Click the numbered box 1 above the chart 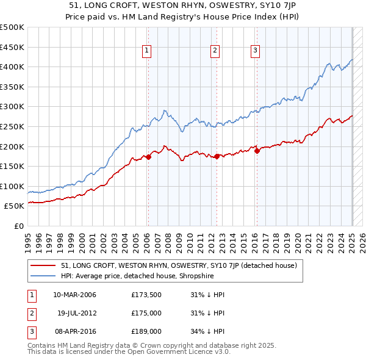(148, 51)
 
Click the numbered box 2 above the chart (215, 51)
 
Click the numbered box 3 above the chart (255, 51)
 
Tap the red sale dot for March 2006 (148, 157)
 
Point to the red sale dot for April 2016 (257, 151)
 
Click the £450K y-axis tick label (12, 47)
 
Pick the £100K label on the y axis (12, 186)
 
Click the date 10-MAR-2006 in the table (75, 295)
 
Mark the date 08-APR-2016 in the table (75, 332)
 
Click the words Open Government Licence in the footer (174, 352)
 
